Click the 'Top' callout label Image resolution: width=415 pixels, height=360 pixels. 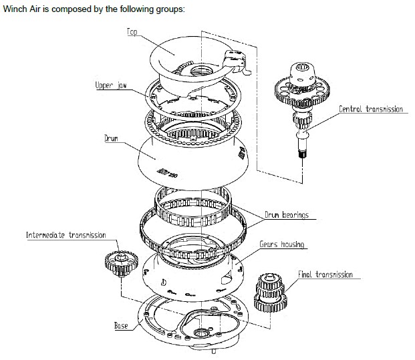(132, 32)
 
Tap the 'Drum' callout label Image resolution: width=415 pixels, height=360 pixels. (112, 139)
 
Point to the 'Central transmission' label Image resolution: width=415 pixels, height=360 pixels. (370, 109)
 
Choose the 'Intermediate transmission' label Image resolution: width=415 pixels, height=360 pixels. (66, 235)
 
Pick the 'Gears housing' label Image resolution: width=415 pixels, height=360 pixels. (282, 244)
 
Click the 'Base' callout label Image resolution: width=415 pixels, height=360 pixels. (121, 325)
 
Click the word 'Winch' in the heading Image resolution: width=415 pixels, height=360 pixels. (15, 10)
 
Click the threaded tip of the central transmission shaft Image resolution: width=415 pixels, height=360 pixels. (300, 155)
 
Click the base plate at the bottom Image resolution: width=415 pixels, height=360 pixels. (194, 327)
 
